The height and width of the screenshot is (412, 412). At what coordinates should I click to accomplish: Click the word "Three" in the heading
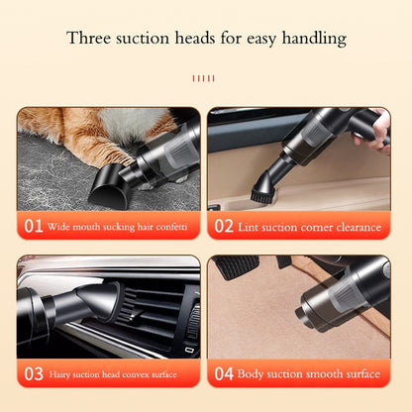[88, 40]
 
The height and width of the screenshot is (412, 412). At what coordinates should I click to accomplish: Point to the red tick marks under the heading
[205, 75]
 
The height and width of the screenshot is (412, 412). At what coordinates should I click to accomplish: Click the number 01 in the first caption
[33, 227]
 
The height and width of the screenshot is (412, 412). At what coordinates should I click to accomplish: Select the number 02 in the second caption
[224, 227]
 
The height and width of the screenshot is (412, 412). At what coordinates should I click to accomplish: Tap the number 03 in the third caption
[33, 374]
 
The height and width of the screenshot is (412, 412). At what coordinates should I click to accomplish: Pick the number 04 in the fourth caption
[224, 374]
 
